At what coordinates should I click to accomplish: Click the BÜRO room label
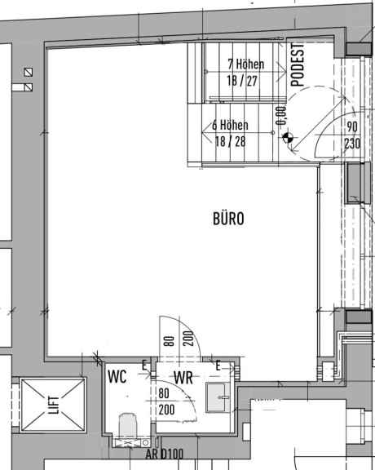point(228,219)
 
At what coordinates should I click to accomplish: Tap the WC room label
point(117,376)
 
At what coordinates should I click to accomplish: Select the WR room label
point(183,378)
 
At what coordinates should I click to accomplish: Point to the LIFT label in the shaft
point(54,405)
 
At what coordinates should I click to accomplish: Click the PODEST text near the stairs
point(298,64)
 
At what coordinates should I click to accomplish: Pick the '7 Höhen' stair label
point(246,64)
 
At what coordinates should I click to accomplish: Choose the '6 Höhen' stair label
point(230,125)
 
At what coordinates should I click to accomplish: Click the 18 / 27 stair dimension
point(242,81)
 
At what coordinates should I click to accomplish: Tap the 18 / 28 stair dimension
point(230,141)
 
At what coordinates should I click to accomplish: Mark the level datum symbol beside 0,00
point(288,138)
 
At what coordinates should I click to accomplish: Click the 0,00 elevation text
point(281,116)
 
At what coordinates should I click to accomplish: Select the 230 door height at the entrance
point(352,144)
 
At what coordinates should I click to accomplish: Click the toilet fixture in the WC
point(128,427)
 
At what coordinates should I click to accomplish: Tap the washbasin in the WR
point(218,397)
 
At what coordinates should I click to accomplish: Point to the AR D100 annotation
point(164,454)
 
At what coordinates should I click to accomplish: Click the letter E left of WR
point(144,366)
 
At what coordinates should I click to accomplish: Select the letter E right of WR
point(218,366)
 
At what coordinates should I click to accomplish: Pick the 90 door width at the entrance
point(352,126)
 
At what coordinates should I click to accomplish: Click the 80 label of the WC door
point(164,393)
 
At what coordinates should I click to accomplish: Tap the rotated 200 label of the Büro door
point(188,338)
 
